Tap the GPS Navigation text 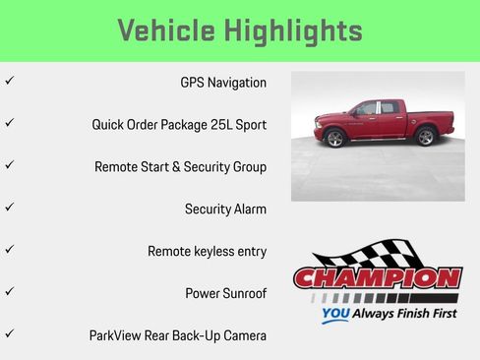[x=223, y=83]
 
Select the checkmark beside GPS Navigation [x=9, y=82]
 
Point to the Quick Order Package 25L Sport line [x=179, y=125]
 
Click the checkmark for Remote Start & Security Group [x=9, y=165]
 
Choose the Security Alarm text [x=225, y=210]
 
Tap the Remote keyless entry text [x=207, y=252]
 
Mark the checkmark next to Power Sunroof [x=9, y=292]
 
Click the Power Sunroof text [x=225, y=293]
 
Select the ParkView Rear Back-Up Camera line [x=177, y=335]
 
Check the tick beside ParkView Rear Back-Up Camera [x=9, y=334]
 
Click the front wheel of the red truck [x=334, y=138]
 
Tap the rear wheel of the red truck [x=425, y=137]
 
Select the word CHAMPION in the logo [x=377, y=278]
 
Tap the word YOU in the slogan [x=335, y=316]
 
